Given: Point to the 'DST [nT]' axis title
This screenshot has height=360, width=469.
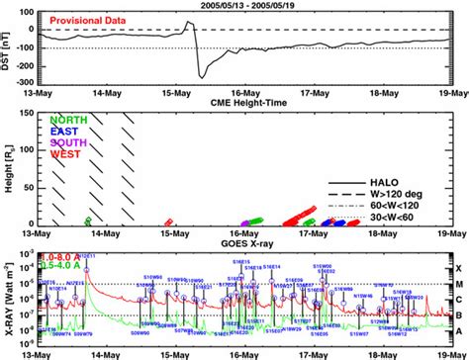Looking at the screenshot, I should [x=9, y=52].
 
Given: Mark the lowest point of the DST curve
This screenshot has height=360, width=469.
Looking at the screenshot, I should [x=201, y=76].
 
